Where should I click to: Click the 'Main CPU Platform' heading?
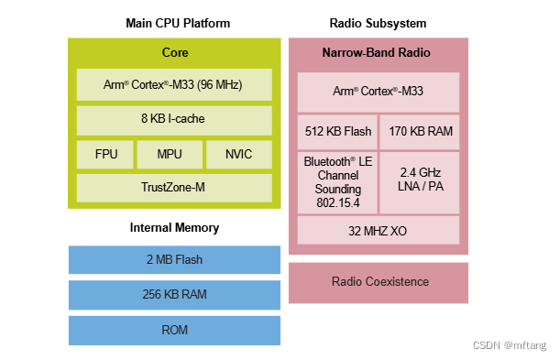point(178,23)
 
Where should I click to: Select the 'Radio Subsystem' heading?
point(378,23)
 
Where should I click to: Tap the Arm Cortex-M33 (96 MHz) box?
point(174,86)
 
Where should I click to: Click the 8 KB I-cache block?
point(174,120)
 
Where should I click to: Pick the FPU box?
point(104,154)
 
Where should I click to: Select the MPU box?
point(169,154)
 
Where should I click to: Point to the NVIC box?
point(238,154)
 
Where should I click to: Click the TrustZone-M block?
point(174,188)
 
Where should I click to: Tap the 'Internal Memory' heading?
point(173,227)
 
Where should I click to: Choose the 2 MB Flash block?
point(174,259)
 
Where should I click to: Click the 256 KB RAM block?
point(174,294)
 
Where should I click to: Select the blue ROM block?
point(174,330)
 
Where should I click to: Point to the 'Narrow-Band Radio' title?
point(378,52)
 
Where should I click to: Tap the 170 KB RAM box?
point(420,131)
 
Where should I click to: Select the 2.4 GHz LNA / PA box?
point(420,180)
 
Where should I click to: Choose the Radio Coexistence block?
point(378,282)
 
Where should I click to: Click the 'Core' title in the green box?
point(174,52)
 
